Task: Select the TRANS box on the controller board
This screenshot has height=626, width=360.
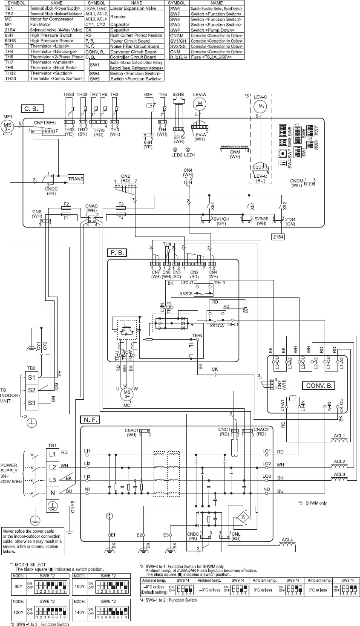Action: point(76,179)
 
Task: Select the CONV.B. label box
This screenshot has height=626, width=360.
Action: point(319,386)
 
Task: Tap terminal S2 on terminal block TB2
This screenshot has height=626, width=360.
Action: point(32,390)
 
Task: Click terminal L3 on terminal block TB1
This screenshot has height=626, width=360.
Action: point(52,480)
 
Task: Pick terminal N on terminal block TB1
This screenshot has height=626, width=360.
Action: point(52,493)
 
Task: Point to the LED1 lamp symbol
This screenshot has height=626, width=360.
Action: point(187,150)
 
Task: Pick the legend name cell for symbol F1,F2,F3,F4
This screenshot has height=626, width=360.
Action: point(207,57)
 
